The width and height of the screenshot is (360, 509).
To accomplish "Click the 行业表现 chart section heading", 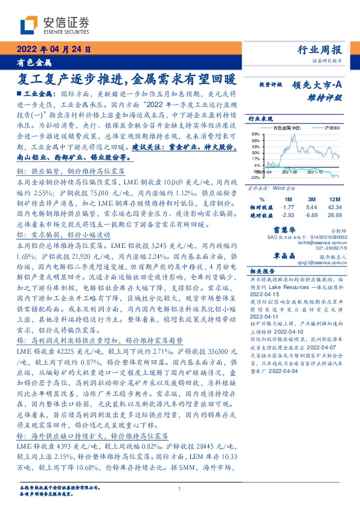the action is (x=261, y=119).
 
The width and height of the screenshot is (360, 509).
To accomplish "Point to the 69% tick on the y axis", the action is (x=256, y=134).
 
